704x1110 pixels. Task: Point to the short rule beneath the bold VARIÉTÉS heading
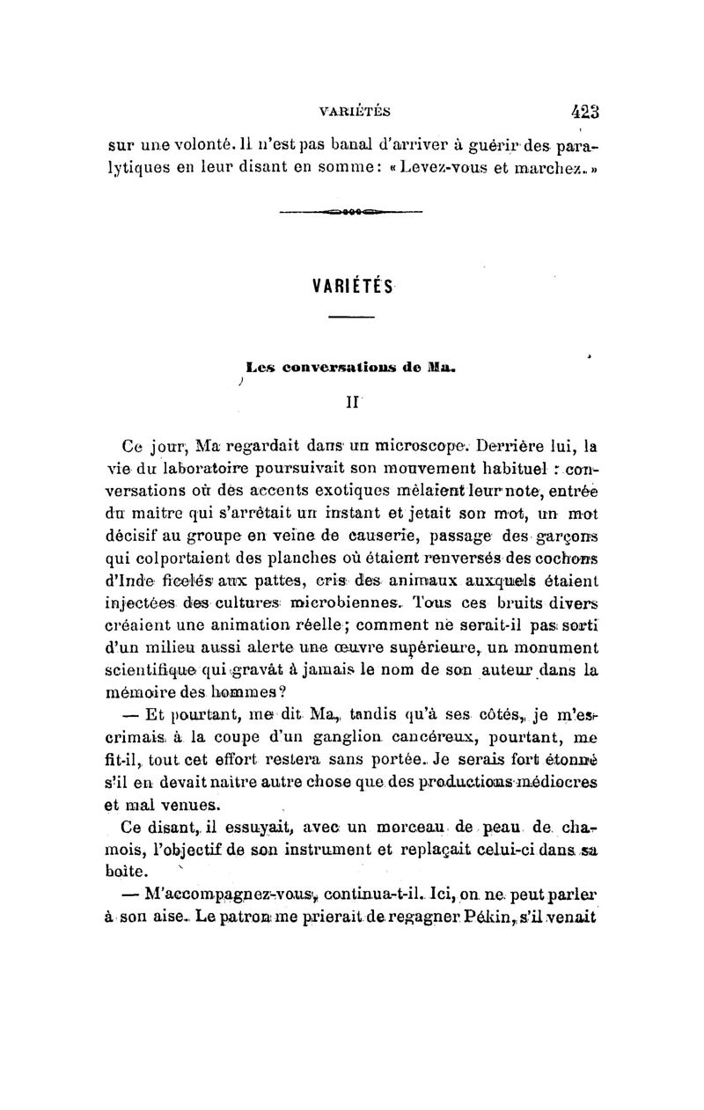pos(351,317)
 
